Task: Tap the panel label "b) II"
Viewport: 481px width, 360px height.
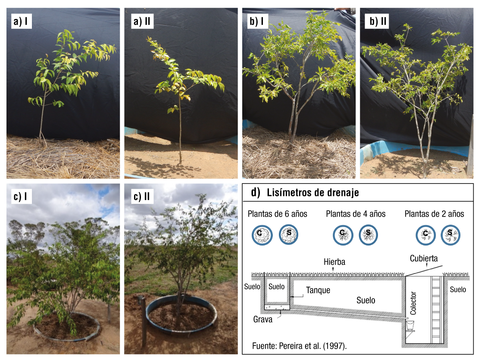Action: pos(378,22)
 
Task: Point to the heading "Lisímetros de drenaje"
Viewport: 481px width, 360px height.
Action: pos(313,193)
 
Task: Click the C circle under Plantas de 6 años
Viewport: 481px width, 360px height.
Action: pos(262,235)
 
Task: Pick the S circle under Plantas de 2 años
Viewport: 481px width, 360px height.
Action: pos(450,235)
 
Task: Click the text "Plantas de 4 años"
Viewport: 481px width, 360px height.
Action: pos(356,214)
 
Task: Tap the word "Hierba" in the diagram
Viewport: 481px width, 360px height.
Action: pos(335,262)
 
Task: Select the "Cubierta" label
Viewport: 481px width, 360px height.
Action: pos(424,259)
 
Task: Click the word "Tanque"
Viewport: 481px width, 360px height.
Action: pos(318,290)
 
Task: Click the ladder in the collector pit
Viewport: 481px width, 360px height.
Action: pos(436,308)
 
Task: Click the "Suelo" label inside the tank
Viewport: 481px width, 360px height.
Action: pos(276,287)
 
